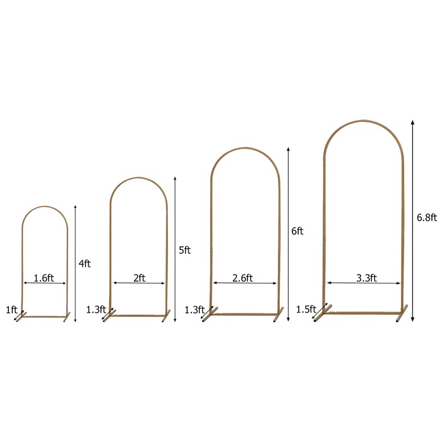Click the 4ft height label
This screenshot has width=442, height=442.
point(85,264)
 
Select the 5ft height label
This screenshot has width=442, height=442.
point(184,250)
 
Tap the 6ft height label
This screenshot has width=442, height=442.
point(297,231)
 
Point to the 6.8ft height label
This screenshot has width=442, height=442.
point(427,217)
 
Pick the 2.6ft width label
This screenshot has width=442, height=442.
point(242,277)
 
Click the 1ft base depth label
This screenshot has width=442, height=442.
point(11,310)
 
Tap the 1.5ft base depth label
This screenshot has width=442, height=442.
point(306,309)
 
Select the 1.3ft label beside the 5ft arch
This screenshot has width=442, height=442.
point(95,309)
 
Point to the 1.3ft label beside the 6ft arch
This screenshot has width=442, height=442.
point(194,309)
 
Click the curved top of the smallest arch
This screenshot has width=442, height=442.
point(44,206)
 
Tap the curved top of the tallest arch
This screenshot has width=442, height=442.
point(363,119)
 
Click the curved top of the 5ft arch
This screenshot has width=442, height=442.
point(139,179)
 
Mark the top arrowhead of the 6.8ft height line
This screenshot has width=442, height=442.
point(412,122)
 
